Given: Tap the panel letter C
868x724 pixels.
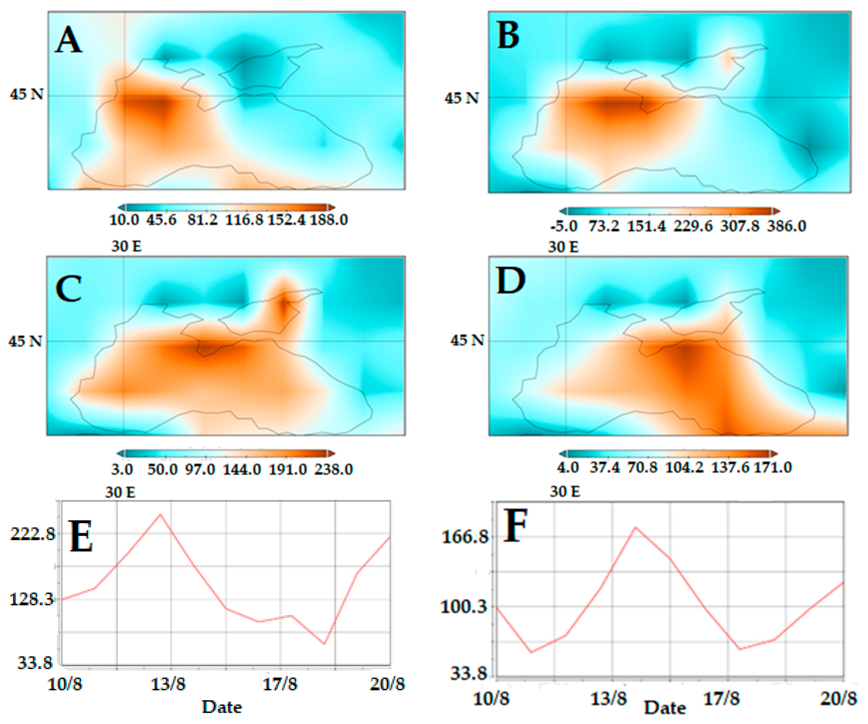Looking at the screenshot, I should coord(68,289).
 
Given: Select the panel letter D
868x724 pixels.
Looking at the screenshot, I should coord(511,281).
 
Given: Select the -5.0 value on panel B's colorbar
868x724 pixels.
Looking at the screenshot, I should coord(563,226).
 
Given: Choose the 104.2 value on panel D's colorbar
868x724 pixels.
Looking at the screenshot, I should coord(684,468).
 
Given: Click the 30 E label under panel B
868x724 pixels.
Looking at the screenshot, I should coord(563,247).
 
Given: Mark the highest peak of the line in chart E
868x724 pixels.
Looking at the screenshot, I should coord(160,515).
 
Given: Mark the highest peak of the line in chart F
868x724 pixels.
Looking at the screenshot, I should coord(635,527).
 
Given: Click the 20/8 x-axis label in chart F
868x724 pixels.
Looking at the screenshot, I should coord(838,699).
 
